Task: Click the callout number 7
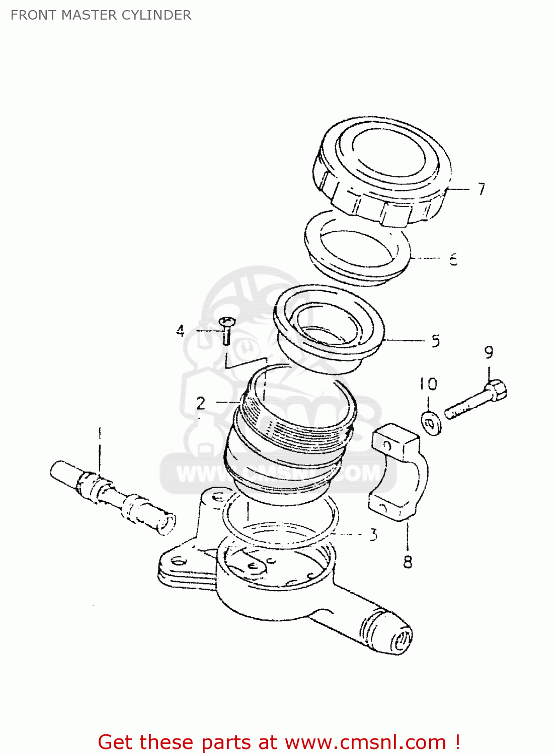pyautogui.click(x=482, y=189)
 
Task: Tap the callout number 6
pyautogui.click(x=453, y=259)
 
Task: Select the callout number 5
pyautogui.click(x=435, y=341)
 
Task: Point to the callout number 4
pyautogui.click(x=180, y=331)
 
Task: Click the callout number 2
pyautogui.click(x=201, y=403)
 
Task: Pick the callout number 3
pyautogui.click(x=373, y=535)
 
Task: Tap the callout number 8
pyautogui.click(x=408, y=561)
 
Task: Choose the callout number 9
pyautogui.click(x=489, y=353)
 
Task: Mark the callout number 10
pyautogui.click(x=428, y=385)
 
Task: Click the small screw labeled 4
pyautogui.click(x=227, y=330)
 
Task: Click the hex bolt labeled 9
pyautogui.click(x=475, y=401)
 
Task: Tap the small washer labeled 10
pyautogui.click(x=431, y=423)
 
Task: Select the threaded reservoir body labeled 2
pyautogui.click(x=289, y=437)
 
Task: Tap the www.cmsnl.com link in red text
pyautogui.click(x=365, y=742)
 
